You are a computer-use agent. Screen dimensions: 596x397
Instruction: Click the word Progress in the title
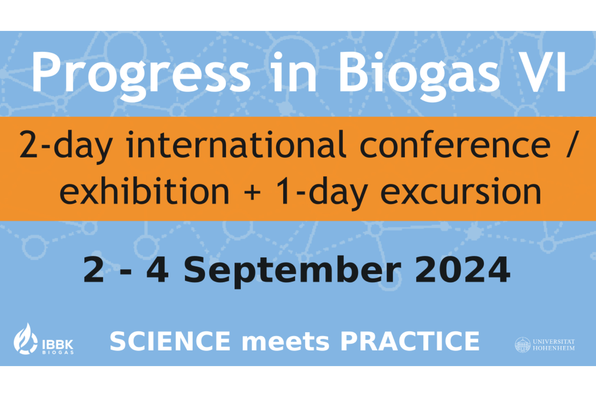click(141, 76)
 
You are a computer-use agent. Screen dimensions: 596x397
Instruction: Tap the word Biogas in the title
click(419, 76)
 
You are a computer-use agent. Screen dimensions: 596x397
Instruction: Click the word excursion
click(461, 192)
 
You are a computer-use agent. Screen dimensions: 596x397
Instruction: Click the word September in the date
click(292, 272)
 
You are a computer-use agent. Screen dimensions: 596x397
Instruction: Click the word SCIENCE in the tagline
click(170, 341)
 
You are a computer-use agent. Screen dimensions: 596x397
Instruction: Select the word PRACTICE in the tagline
click(410, 341)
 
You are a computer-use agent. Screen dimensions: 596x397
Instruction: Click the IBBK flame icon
click(25, 339)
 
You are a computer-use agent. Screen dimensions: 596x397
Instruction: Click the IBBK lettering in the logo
click(58, 345)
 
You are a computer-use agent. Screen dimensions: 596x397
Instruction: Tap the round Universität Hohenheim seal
click(523, 345)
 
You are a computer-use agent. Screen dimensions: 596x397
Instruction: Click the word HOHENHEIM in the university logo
click(553, 348)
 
